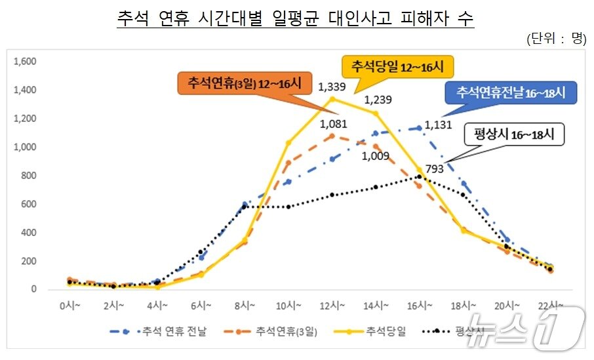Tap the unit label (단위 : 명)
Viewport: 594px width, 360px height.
tap(556, 39)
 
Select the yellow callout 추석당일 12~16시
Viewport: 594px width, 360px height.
tap(398, 67)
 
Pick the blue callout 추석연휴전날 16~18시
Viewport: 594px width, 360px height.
tap(510, 92)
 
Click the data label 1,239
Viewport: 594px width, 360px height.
tap(376, 100)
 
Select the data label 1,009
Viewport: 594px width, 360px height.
tap(376, 157)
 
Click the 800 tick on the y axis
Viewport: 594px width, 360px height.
tap(29, 176)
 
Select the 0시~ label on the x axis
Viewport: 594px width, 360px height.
tap(69, 306)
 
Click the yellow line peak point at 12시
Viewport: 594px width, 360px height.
tap(332, 99)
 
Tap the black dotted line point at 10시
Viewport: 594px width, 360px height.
tap(288, 207)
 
